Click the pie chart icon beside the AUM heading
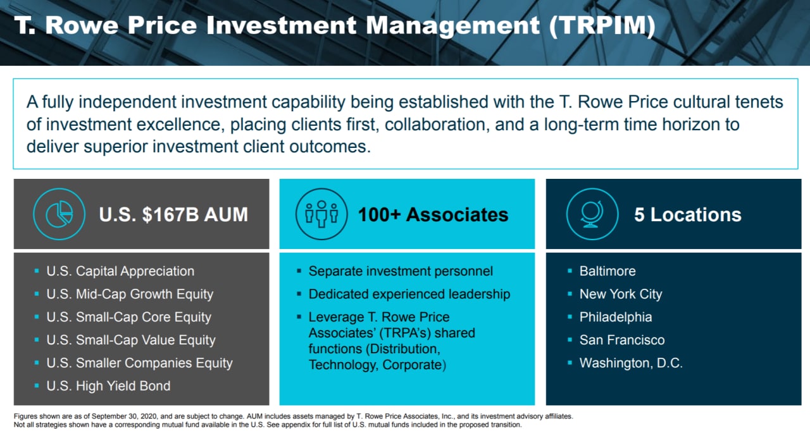[59, 214]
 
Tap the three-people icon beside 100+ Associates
[321, 214]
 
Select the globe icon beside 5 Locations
[592, 214]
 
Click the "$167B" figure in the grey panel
[170, 214]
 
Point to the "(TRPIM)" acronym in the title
[602, 25]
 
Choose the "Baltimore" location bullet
[607, 271]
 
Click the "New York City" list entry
[621, 294]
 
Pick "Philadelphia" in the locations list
[616, 317]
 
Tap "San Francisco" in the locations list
[622, 340]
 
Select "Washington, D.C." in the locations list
[631, 363]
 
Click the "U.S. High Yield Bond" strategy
[108, 386]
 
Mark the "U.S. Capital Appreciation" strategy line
[120, 272]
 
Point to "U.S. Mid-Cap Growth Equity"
[130, 294]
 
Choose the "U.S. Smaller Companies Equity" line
[140, 363]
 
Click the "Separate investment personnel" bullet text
[401, 272]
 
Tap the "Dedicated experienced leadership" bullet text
[409, 294]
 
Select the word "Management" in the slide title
[453, 26]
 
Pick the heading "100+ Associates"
[433, 214]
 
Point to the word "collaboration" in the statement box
[435, 124]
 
